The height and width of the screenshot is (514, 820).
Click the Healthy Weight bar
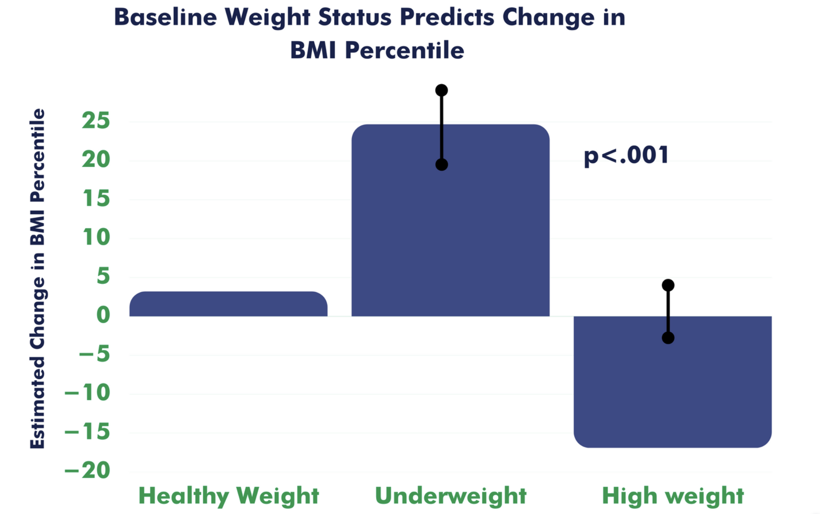coord(228,304)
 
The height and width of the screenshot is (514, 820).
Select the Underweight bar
coord(450,220)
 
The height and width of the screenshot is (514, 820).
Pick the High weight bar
coord(673,381)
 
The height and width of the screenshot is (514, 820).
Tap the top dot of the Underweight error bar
coord(442,90)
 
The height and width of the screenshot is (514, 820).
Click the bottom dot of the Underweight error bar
coord(442,165)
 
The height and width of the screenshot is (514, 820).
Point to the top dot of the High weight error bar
coord(668,285)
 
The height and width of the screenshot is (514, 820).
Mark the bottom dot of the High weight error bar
coord(668,338)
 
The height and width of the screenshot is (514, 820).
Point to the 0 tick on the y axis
coord(103,315)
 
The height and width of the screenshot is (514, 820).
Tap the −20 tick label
coord(87,470)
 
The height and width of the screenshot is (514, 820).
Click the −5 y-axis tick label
coord(94,354)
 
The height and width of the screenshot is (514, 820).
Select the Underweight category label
coord(451,496)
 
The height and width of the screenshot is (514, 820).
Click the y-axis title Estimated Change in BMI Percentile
coord(37,279)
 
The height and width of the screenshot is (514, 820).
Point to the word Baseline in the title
coord(165,17)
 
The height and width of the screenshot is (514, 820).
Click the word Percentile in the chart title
coord(404,50)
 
